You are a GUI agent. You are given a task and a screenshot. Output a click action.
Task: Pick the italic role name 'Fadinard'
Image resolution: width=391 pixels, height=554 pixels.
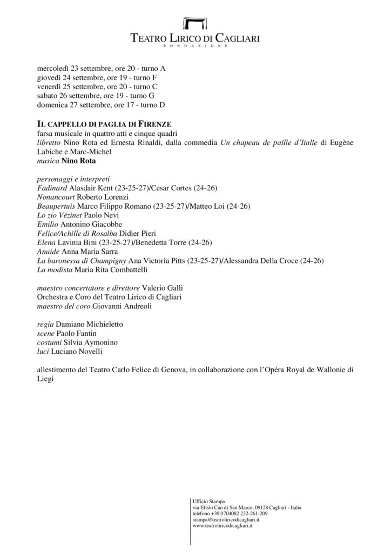pos(52,187)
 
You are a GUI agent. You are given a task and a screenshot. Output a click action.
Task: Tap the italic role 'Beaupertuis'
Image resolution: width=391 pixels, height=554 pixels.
pos(56,206)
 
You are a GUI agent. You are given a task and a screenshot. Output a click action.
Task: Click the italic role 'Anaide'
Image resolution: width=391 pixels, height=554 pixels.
pos(48,251)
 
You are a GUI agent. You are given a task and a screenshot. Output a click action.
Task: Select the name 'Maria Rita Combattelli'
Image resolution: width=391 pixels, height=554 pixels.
pos(116,269)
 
